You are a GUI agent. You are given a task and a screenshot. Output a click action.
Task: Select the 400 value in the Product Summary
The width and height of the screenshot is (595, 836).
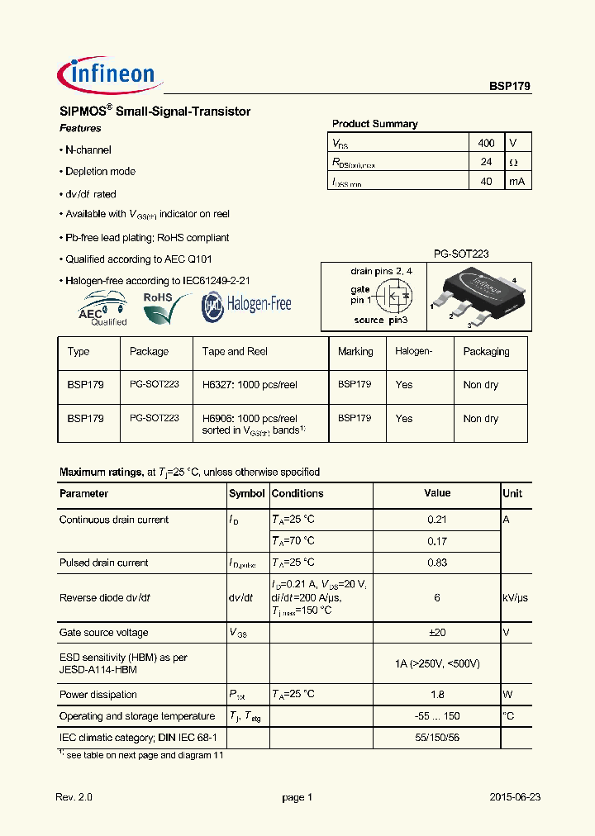click(x=487, y=143)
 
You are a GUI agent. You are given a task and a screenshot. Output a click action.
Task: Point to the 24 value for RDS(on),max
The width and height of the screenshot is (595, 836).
click(x=487, y=162)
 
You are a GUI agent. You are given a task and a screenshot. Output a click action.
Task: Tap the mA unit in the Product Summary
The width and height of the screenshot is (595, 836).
click(x=516, y=182)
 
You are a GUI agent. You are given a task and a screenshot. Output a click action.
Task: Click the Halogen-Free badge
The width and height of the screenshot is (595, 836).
click(x=247, y=305)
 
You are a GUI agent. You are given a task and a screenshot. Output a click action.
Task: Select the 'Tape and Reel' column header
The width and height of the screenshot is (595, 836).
click(x=235, y=352)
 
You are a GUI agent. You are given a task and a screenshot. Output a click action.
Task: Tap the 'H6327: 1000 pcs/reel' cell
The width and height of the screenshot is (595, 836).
click(x=250, y=385)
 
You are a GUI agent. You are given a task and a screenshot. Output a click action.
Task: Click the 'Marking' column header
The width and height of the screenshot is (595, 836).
click(x=355, y=352)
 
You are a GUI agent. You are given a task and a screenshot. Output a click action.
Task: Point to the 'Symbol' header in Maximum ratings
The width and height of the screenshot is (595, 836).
click(x=246, y=494)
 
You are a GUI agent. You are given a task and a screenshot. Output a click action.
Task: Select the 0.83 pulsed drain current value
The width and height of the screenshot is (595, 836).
click(x=437, y=563)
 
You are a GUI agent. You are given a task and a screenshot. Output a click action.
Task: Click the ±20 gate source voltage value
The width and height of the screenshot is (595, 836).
click(x=437, y=633)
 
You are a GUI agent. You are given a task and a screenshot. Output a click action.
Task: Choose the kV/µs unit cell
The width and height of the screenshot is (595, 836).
click(x=515, y=598)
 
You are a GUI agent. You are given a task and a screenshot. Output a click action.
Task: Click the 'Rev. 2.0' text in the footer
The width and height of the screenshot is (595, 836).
click(x=74, y=798)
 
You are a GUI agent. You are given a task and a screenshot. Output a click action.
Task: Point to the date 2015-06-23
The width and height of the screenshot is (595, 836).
click(x=515, y=798)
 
